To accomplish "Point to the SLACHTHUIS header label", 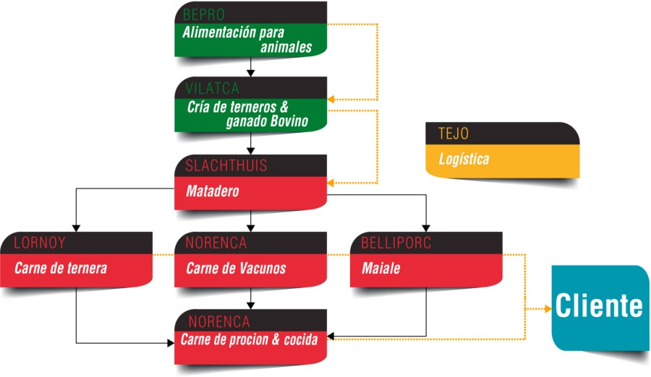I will [x=226, y=166].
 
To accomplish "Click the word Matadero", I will [x=212, y=192].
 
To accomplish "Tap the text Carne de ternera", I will [x=61, y=269].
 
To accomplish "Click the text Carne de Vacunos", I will [x=236, y=269].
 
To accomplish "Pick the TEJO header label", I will [x=453, y=134].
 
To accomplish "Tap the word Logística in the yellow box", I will [x=464, y=159].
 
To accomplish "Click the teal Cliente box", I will [x=600, y=307].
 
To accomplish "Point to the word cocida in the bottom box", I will [x=298, y=339].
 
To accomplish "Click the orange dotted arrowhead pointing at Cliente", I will [x=547, y=309].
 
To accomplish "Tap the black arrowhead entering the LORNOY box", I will [x=77, y=227].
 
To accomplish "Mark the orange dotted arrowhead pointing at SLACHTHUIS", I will [x=331, y=183].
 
